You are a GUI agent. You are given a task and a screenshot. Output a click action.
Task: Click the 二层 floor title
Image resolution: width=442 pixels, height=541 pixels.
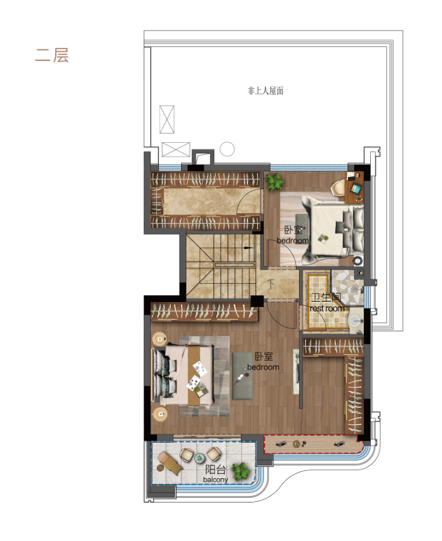coord(52,55)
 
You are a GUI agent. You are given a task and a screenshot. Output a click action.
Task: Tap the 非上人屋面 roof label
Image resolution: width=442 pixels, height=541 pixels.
coord(265,91)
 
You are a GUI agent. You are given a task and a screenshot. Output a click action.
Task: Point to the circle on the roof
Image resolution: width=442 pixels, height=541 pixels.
coord(227,149)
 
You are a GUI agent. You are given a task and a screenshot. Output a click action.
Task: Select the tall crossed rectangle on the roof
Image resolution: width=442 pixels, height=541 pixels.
coord(167,119)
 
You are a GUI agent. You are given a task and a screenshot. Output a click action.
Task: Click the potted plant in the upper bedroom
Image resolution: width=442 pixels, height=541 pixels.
coord(274,182)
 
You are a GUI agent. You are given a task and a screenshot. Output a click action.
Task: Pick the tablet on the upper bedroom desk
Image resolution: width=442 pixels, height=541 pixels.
coord(355,188)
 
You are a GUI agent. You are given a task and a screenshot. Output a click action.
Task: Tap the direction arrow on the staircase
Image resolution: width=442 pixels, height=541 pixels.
coord(248,247)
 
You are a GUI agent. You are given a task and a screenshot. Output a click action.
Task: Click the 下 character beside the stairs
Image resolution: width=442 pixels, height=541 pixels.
coord(272,284)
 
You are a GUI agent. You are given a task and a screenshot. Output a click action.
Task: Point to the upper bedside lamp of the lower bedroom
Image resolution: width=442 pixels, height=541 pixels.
coord(160,339)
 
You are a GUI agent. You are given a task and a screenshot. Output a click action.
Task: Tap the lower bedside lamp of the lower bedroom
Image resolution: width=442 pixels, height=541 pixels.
coord(160,414)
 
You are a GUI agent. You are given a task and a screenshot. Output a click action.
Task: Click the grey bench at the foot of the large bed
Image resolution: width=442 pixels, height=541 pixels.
coord(243,376)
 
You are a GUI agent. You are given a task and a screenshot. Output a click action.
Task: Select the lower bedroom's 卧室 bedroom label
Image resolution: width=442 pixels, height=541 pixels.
coord(263,361)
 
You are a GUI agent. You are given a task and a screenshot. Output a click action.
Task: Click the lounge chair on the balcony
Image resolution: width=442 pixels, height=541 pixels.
coord(170,463)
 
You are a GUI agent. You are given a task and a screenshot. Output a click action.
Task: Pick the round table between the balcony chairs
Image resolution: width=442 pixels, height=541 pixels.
coord(199,458)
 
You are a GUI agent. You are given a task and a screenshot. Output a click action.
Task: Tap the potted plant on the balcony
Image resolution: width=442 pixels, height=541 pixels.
coord(241,471)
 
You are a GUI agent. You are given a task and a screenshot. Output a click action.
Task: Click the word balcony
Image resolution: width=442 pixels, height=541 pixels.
coord(215,479)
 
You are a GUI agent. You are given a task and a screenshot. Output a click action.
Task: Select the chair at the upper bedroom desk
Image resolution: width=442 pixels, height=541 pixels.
coord(339,188)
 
